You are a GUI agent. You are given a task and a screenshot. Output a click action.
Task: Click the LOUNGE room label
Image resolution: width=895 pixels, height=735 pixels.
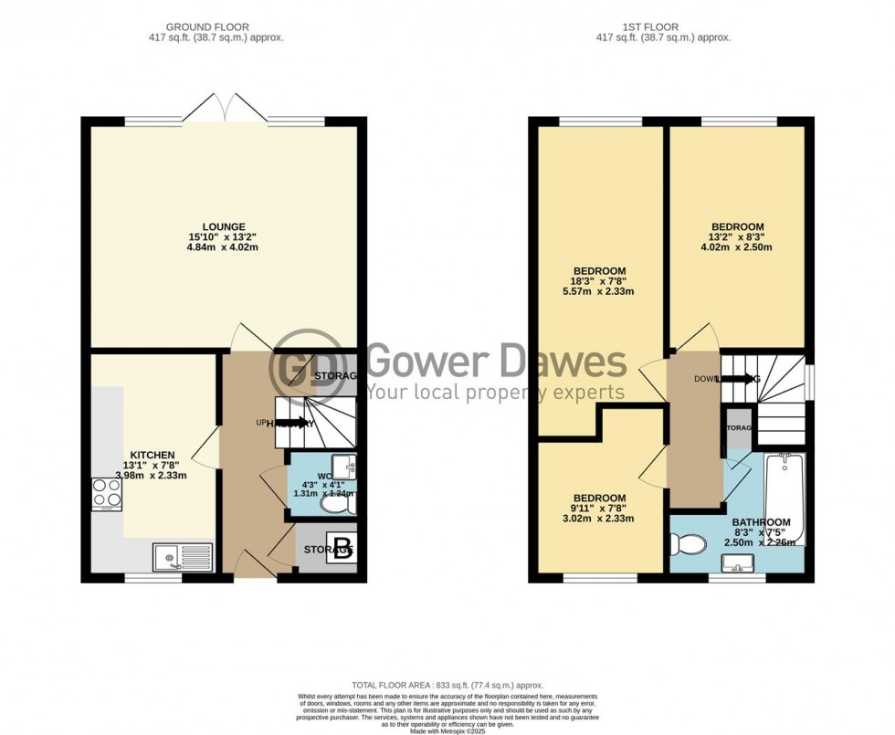[224, 227]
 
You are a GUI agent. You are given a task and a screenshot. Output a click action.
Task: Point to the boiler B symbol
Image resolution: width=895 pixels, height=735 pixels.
[342, 549]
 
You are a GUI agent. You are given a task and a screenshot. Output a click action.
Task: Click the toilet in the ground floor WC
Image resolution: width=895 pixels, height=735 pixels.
[344, 502]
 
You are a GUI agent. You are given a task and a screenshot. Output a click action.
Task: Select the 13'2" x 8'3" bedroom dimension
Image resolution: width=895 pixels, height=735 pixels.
[738, 237]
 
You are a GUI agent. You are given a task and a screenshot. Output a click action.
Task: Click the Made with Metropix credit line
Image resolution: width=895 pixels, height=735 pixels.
[447, 730]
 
